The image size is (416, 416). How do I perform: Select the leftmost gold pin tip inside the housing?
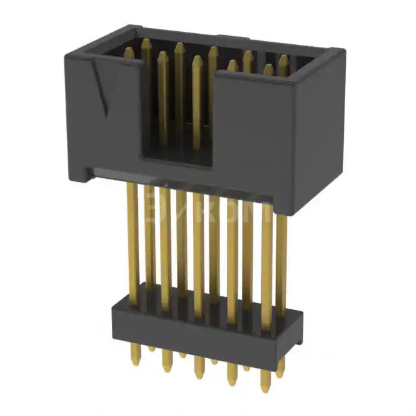tap(129, 52)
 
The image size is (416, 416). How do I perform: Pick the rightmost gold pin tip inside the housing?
tap(283, 60)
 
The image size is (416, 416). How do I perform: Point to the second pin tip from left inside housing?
tap(146, 44)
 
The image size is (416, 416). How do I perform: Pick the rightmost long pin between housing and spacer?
tap(281, 260)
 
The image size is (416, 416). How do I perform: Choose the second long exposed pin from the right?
tap(266, 260)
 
